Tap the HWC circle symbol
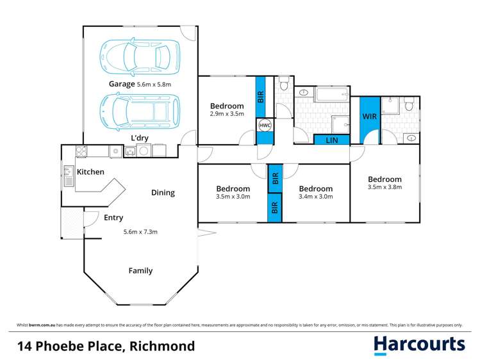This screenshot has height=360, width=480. coord(265,126)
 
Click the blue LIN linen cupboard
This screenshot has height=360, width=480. coord(331,140)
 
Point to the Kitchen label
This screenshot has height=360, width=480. coord(90,172)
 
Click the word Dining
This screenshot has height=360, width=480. coord(163,192)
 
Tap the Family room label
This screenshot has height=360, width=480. coord(140,270)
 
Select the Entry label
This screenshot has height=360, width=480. coord(113,218)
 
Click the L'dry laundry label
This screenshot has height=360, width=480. coord(140,138)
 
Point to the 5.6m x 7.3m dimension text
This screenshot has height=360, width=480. coord(140,231)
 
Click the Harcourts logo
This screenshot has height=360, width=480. coord(419,345)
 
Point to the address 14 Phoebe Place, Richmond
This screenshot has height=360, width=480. coord(106,346)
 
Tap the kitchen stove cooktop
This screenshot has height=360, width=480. coord(82,152)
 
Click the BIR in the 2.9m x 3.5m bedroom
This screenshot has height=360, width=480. coord(260,97)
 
